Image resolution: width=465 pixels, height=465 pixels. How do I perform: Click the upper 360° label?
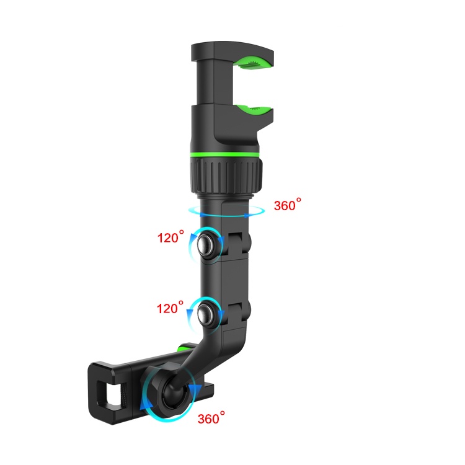[287, 205]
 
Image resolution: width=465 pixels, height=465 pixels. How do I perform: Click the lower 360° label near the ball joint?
[211, 418]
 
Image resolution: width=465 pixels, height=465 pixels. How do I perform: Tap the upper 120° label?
[170, 237]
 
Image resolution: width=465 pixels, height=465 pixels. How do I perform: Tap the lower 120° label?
[170, 308]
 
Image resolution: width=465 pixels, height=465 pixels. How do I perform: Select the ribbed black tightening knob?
[226, 175]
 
